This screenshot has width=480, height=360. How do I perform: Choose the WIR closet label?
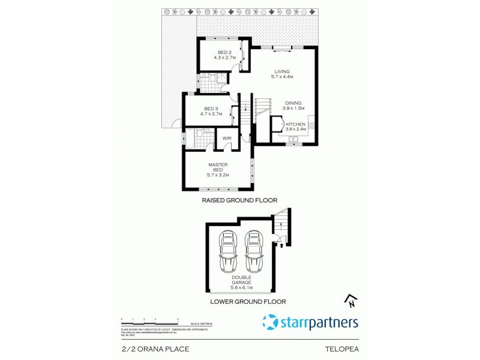227,139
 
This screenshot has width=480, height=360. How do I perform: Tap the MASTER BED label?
217,169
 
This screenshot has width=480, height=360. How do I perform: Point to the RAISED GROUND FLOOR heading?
239,201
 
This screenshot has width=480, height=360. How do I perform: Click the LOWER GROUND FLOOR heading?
247,302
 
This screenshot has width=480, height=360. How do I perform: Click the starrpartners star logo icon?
271,323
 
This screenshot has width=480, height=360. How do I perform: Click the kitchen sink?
293,140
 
